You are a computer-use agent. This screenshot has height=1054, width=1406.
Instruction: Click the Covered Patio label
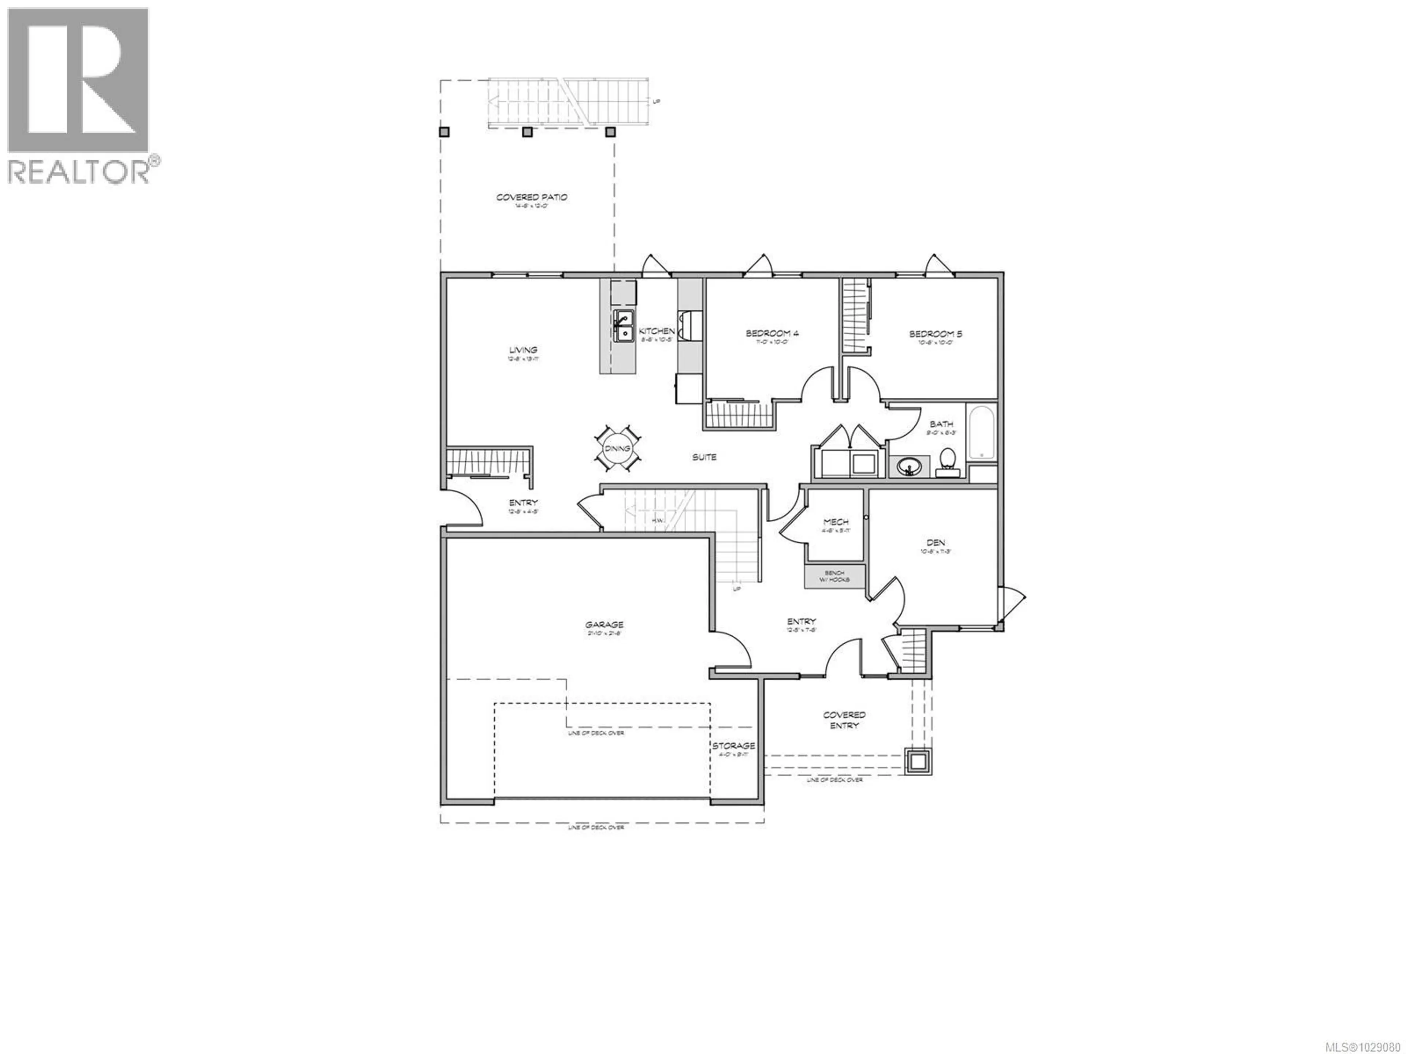pyautogui.click(x=531, y=198)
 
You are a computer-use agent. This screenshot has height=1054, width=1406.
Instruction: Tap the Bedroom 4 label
pyautogui.click(x=771, y=333)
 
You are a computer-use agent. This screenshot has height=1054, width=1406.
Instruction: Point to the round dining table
pyautogui.click(x=617, y=449)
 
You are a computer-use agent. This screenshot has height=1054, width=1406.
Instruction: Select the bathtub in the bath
pyautogui.click(x=981, y=432)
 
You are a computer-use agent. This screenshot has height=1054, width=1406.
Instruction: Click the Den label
pyautogui.click(x=936, y=543)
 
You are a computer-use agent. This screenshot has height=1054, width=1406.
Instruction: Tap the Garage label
pyautogui.click(x=605, y=624)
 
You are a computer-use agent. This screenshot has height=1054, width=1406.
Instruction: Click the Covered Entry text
pyautogui.click(x=844, y=720)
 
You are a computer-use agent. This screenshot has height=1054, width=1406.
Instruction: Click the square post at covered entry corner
pyautogui.click(x=917, y=761)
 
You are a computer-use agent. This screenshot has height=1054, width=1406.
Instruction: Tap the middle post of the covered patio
pyautogui.click(x=526, y=132)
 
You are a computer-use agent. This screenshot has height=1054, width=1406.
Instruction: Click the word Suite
pyautogui.click(x=704, y=457)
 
